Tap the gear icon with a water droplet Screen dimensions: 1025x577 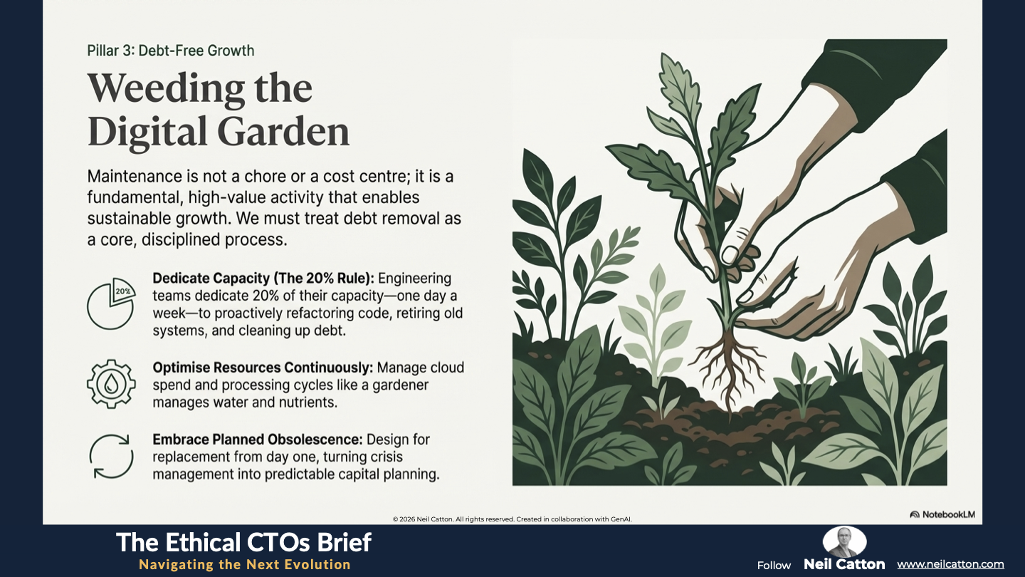pos(111,384)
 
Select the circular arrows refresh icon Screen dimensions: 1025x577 pos(111,456)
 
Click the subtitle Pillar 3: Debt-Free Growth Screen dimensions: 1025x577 pos(171,51)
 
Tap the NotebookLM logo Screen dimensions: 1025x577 pos(942,514)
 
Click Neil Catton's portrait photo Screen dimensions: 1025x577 pos(844,541)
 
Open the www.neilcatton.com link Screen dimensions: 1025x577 pos(950,564)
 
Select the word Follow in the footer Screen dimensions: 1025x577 pos(774,566)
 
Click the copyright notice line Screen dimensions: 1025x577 pos(512,519)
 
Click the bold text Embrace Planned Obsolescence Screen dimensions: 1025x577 pos(257,440)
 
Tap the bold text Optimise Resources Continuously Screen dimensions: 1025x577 pos(263,368)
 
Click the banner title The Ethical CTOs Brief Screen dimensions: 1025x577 pos(243,542)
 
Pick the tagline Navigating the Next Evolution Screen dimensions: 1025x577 pos(244,565)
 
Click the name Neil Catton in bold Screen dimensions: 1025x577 pos(844,564)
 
